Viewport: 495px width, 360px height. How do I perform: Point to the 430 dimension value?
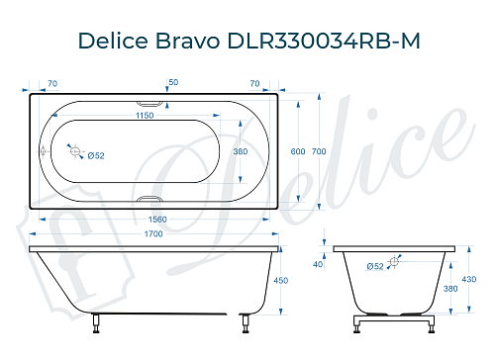point(480,280)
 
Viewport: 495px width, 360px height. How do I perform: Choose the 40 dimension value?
point(318,264)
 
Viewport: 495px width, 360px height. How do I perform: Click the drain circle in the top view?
point(74,150)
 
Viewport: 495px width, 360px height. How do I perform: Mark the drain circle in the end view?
point(395,262)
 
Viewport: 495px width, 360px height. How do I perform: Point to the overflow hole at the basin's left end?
point(42,151)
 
